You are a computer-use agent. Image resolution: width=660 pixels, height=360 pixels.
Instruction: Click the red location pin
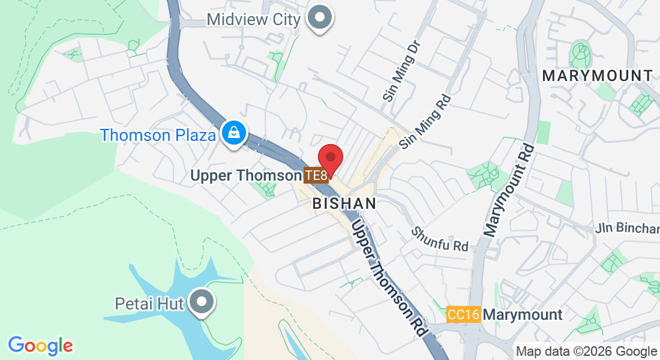tap(330, 158)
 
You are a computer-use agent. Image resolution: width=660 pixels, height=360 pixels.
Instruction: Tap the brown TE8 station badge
tap(316, 175)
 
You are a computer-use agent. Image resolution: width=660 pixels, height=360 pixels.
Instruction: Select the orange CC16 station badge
tap(464, 314)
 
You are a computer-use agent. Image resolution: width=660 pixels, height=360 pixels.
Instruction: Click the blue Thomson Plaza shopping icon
tap(232, 134)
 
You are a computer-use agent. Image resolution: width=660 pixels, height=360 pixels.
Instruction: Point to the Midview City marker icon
tap(320, 17)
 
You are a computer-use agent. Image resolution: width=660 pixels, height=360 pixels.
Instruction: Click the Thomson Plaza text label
tap(158, 135)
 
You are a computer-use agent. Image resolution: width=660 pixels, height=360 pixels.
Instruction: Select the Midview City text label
tap(253, 19)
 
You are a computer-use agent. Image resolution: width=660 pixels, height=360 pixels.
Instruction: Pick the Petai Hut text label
tap(149, 304)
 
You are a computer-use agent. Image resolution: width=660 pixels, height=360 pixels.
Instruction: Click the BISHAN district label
tap(344, 203)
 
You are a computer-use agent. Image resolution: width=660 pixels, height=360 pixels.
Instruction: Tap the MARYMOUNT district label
tap(597, 76)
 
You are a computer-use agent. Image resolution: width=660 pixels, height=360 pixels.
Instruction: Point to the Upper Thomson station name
tap(245, 176)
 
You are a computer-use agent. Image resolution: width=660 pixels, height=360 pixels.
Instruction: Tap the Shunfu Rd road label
tap(440, 239)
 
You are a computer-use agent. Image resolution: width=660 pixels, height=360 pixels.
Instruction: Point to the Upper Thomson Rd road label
tap(389, 277)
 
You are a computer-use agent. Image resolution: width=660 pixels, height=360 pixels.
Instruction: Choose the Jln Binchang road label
tap(627, 229)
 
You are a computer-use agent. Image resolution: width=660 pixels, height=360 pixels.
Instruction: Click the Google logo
tap(40, 346)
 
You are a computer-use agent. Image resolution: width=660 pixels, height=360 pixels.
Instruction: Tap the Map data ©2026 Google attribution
tap(586, 352)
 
